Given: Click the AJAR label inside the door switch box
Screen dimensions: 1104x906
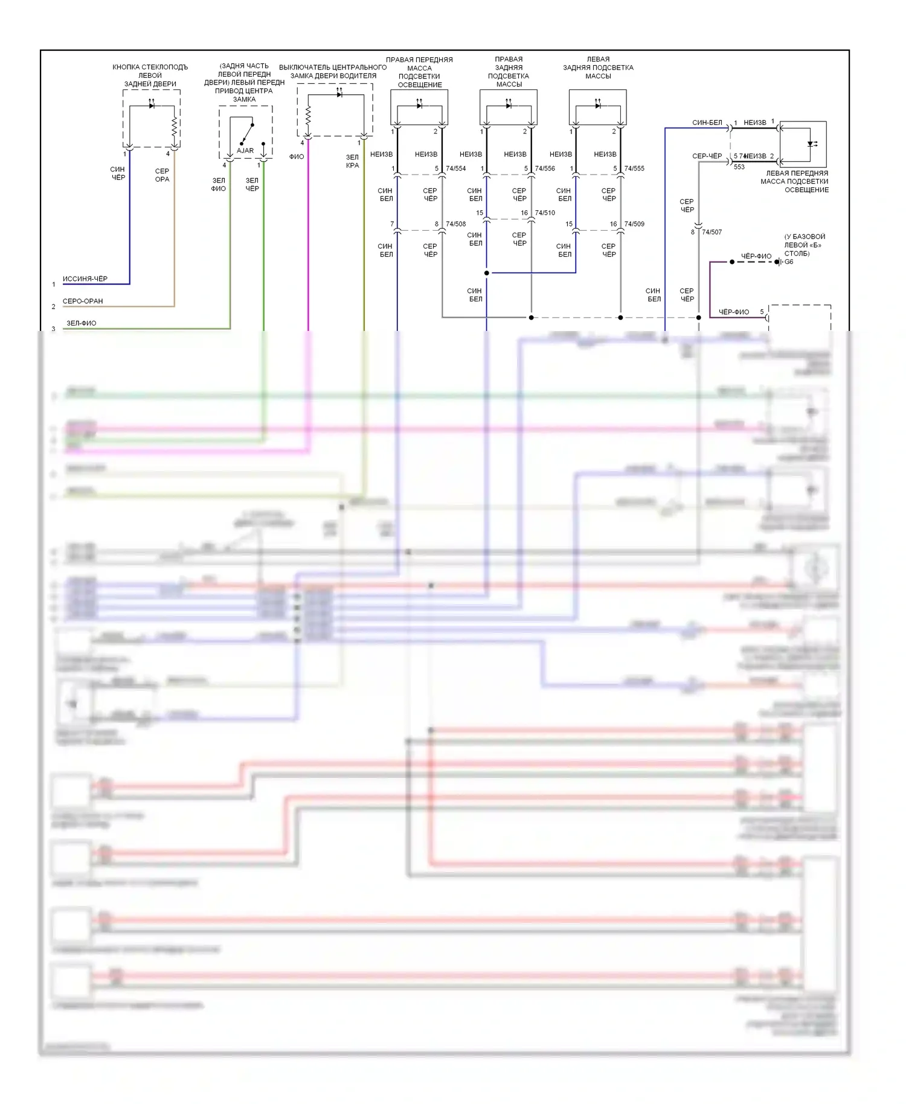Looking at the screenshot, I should point(245,150).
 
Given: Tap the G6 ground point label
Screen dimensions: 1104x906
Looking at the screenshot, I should point(789,262).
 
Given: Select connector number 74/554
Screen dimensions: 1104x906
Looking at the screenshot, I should point(456,168).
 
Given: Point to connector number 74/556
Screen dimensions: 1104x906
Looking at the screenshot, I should point(545,168).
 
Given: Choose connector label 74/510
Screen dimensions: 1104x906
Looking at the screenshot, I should point(545,213).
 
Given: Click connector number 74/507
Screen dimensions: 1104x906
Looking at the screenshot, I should point(712,232).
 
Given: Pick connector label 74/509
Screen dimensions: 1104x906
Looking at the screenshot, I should point(634,224).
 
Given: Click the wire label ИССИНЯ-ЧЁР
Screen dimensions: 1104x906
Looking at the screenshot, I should point(85,279).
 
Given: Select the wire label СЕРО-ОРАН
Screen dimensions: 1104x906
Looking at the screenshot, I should point(83,301).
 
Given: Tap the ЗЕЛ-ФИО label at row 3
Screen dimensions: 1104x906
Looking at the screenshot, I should point(82,323).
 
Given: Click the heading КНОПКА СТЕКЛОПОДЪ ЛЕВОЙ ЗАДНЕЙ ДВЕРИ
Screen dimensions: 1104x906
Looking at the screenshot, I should point(150,75).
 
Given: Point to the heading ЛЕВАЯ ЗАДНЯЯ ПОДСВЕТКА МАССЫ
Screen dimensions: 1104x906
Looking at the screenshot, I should point(598,68).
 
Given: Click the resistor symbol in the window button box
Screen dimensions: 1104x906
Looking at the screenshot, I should point(174,127).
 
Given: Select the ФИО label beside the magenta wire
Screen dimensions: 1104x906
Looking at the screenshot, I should point(297,157).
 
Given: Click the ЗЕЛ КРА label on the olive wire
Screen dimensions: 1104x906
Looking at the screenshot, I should point(353,161).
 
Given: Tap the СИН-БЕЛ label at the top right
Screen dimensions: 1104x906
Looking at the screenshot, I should point(707,123).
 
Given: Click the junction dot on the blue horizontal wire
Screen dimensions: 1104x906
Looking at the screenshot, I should point(487,273).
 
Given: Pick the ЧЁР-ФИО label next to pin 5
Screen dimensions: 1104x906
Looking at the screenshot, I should point(734,312).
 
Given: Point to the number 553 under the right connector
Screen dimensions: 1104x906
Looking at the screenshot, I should point(739,167).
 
